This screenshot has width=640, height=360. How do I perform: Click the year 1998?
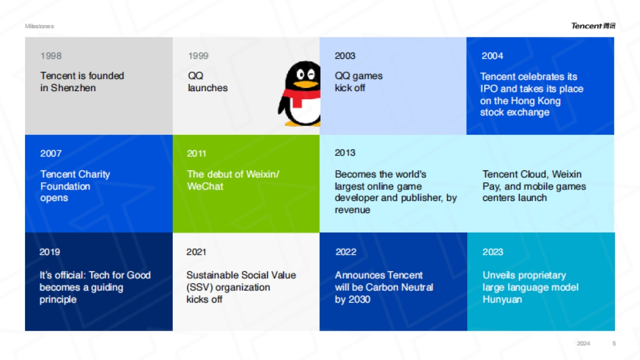tap(51, 55)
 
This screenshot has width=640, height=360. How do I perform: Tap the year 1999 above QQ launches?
tap(198, 55)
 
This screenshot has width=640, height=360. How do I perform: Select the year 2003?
tap(345, 55)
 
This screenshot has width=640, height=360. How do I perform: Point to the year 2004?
tap(492, 55)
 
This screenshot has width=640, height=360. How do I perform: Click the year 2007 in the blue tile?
tap(51, 154)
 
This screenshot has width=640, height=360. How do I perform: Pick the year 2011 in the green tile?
tap(197, 154)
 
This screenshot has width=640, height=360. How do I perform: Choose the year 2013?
tap(345, 153)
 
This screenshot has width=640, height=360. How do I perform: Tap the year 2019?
tap(50, 252)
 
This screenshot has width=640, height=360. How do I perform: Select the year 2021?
tap(196, 252)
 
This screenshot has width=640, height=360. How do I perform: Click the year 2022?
tap(346, 252)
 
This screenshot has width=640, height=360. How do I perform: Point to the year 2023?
tap(493, 252)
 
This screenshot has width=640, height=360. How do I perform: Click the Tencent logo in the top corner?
tap(593, 26)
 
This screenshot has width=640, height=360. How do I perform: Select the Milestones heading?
tap(39, 26)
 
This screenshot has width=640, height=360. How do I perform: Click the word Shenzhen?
tap(74, 88)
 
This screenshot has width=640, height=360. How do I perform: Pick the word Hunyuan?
tap(502, 299)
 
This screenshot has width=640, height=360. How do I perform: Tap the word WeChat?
tap(205, 186)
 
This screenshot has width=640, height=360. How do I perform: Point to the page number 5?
tap(614, 343)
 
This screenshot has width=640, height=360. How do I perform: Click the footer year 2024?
tap(583, 343)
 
